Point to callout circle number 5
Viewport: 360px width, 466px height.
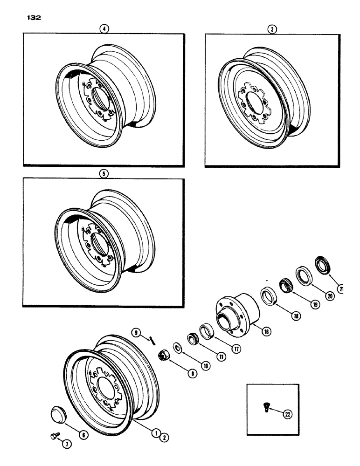click(103, 172)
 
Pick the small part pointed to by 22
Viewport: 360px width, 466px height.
click(264, 408)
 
